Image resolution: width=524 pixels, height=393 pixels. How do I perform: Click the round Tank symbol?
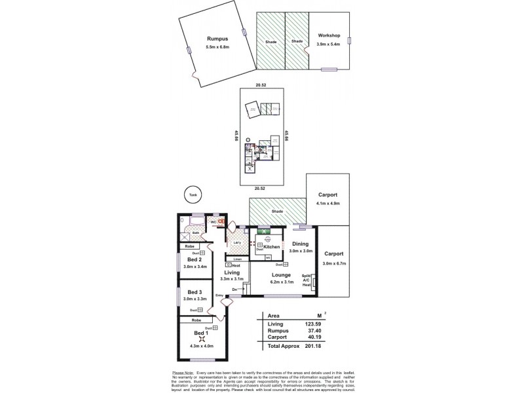pyautogui.click(x=192, y=195)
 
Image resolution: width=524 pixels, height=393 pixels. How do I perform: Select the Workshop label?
pyautogui.click(x=329, y=35)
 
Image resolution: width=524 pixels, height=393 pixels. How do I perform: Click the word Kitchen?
pyautogui.click(x=272, y=247)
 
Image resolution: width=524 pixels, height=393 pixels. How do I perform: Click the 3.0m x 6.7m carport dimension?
pyautogui.click(x=337, y=263)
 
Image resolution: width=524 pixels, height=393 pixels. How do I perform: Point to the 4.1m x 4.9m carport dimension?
pyautogui.click(x=328, y=203)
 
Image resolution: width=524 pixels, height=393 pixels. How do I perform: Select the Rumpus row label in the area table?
pyautogui.click(x=278, y=331)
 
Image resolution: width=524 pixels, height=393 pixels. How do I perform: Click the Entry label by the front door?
pyautogui.click(x=219, y=295)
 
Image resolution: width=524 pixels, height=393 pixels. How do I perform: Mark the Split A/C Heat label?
pyautogui.click(x=305, y=280)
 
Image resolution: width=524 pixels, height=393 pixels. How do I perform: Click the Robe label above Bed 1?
pyautogui.click(x=196, y=320)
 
